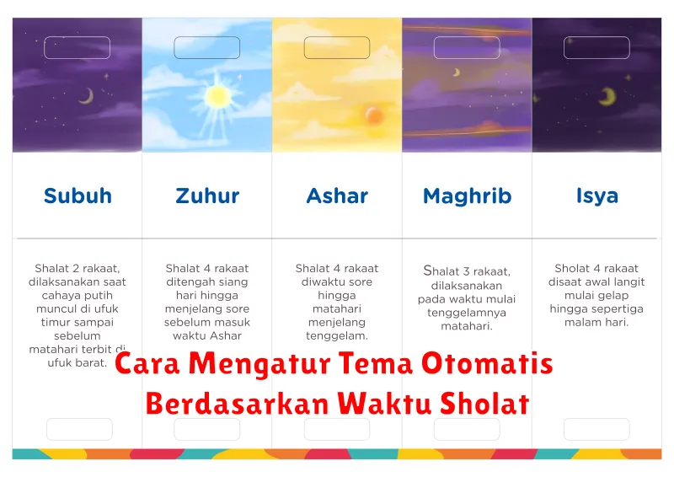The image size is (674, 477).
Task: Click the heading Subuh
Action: (x=78, y=196)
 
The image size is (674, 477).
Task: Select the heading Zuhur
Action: (x=206, y=196)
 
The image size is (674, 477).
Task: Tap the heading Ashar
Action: (x=337, y=196)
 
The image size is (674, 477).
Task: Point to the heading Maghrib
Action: (x=467, y=196)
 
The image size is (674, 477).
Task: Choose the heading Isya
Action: (x=596, y=196)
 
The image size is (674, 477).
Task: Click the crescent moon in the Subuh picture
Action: (x=85, y=96)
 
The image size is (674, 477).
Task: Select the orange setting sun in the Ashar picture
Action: (x=374, y=115)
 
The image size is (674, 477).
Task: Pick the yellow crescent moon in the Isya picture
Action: (x=607, y=98)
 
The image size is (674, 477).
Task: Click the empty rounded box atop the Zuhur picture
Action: (x=206, y=47)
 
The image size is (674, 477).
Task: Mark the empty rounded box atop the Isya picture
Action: (x=596, y=47)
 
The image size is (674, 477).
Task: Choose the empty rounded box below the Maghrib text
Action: (x=467, y=429)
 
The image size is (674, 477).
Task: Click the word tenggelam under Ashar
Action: (x=337, y=335)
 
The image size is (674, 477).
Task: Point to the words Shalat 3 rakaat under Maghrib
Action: (x=467, y=271)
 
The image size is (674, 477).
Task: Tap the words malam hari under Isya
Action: (x=596, y=322)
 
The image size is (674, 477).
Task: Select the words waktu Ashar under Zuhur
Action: (x=206, y=335)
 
